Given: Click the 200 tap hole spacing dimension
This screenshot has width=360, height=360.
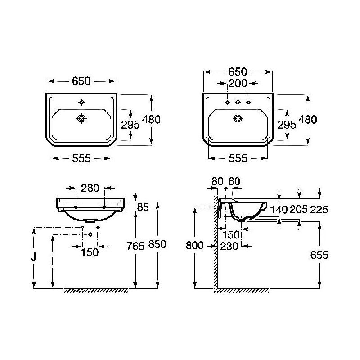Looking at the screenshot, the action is [238, 84].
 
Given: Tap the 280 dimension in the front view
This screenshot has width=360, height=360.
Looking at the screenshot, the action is [90, 188].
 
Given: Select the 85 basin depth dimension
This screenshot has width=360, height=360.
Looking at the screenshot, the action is [143, 207].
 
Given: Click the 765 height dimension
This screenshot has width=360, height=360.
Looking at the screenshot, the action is [135, 246].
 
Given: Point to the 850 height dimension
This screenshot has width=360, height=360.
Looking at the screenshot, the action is [157, 244].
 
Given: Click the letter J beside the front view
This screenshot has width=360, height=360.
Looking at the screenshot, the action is [33, 256].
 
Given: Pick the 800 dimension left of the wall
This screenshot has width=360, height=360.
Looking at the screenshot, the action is [194, 245].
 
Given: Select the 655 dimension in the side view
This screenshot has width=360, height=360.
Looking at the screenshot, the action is [319, 255].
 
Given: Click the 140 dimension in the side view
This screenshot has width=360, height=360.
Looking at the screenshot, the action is [279, 209].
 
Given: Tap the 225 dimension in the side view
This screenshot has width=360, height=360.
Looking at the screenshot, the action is [319, 209].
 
